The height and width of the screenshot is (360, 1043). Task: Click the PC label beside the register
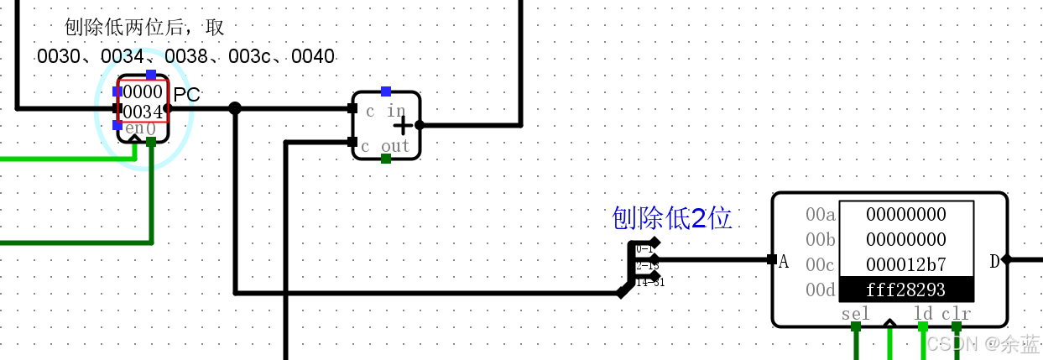(x=187, y=94)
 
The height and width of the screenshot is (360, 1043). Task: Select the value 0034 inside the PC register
(x=143, y=112)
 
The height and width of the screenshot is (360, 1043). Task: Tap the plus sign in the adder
(x=404, y=125)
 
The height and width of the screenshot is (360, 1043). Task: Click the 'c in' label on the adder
(x=385, y=111)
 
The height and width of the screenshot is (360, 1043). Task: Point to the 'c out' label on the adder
(x=385, y=146)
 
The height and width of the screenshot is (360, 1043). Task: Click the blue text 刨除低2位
(x=672, y=218)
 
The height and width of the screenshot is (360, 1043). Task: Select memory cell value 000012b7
(x=906, y=264)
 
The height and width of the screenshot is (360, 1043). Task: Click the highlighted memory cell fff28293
(x=906, y=290)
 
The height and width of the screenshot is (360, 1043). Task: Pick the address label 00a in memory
(x=820, y=215)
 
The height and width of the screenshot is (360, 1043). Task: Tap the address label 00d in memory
(x=820, y=290)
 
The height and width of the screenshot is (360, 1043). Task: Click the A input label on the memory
(x=784, y=262)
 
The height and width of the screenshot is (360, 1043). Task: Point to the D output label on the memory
(x=994, y=261)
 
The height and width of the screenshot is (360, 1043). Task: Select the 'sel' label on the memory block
(x=855, y=314)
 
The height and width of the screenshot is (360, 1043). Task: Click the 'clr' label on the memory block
(x=956, y=314)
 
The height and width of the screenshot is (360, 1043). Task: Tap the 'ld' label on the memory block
(x=922, y=314)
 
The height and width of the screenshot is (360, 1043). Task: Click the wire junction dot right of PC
(x=235, y=108)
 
